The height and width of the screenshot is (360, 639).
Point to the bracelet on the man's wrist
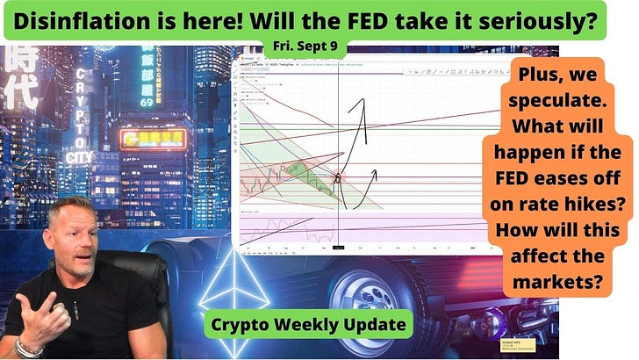pos(29,345)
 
